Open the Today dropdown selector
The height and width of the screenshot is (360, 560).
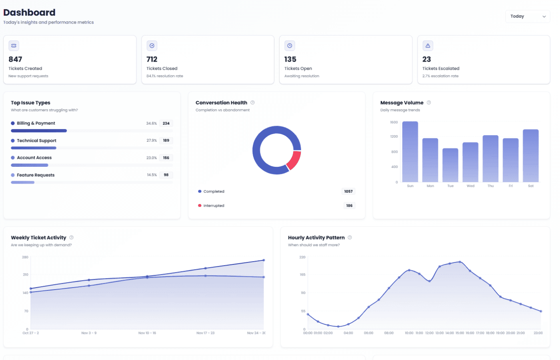point(527,16)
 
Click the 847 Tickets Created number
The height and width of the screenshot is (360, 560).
point(16,59)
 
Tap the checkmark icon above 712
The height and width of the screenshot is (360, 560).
point(152,46)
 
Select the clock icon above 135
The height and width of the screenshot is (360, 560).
point(290,46)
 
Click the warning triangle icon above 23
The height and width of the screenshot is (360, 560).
point(428,46)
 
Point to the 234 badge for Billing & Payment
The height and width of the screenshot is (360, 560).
point(166,123)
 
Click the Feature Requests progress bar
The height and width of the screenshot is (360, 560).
point(23,182)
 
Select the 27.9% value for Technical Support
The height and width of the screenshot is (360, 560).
point(152,140)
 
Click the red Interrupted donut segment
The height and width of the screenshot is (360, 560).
point(294,160)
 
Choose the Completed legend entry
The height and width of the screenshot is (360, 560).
point(214,192)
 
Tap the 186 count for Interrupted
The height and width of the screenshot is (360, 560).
point(349,206)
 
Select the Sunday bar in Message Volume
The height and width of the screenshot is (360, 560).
point(410,152)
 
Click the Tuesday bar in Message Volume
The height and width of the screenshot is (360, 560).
point(450,165)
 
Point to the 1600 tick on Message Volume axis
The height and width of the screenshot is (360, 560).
point(394,122)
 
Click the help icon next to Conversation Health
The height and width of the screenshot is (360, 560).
point(252,103)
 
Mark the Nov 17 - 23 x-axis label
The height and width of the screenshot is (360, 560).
point(205,333)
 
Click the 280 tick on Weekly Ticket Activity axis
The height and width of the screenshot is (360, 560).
point(25,257)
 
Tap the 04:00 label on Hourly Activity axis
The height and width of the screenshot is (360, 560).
point(348,333)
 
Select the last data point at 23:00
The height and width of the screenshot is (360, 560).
point(541,311)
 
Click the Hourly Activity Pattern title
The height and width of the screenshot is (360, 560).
point(316,238)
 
